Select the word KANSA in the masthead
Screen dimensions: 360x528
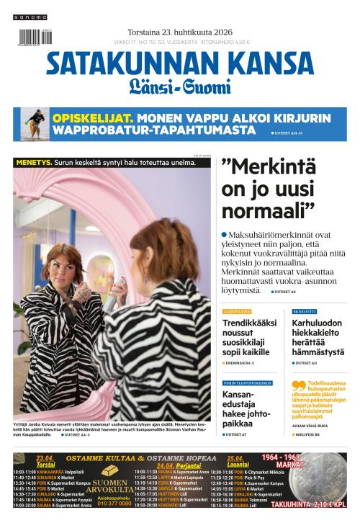click(263, 66)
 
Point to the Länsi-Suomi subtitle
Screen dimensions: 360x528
click(179, 89)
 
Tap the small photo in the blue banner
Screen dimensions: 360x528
click(34, 123)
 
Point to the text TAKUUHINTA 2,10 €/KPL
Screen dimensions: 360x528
click(308, 504)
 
